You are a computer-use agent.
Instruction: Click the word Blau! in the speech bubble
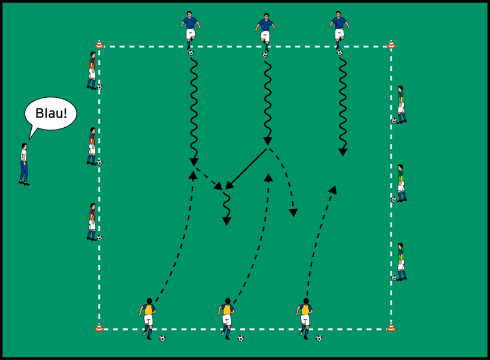click(x=50, y=114)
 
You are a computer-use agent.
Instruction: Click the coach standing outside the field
click(x=24, y=163)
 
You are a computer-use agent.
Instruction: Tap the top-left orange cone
click(x=100, y=44)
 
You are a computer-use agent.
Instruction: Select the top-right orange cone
click(x=391, y=44)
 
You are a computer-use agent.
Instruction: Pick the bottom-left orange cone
click(x=100, y=327)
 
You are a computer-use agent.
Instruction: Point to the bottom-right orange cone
click(x=391, y=327)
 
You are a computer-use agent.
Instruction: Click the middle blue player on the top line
click(x=265, y=32)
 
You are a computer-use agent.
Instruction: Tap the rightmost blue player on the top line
click(x=339, y=29)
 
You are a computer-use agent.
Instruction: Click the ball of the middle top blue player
click(x=265, y=55)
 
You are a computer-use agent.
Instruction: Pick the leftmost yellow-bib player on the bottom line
click(x=148, y=318)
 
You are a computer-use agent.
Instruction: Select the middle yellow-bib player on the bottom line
click(x=227, y=318)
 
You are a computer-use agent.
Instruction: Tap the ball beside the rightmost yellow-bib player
click(x=319, y=338)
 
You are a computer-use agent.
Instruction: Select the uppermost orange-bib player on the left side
click(x=92, y=70)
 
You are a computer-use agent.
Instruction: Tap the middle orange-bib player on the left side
click(x=92, y=146)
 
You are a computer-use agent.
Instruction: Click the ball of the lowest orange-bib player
click(x=100, y=238)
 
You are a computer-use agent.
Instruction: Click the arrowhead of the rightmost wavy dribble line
click(x=342, y=152)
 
